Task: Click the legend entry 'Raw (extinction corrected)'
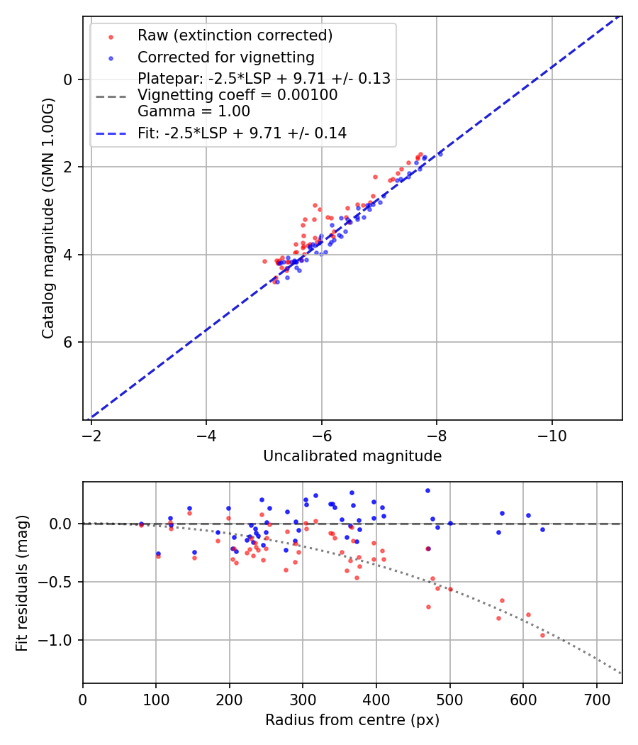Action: (235, 35)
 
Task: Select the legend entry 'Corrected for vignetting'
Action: (225, 57)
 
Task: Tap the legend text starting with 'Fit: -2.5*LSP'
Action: (242, 133)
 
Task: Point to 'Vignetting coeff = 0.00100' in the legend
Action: (237, 95)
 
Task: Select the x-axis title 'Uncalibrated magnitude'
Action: (352, 456)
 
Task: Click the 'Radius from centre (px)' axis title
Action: (352, 720)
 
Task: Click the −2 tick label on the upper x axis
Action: (91, 435)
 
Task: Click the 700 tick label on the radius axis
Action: (596, 699)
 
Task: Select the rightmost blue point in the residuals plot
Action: (542, 529)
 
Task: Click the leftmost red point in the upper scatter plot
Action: (265, 261)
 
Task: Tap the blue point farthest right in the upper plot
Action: (440, 153)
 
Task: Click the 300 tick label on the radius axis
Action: (303, 699)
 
